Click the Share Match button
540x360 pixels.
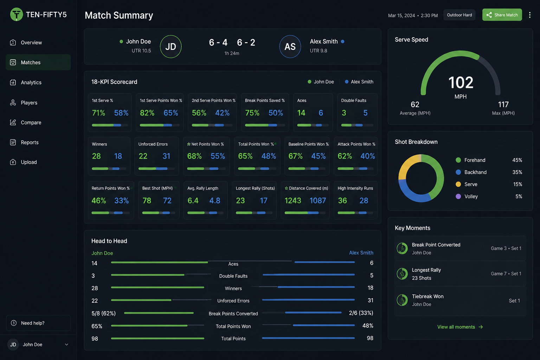(502, 15)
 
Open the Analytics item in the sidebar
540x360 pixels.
(31, 83)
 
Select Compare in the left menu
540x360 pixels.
(31, 122)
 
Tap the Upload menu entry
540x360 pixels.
(29, 162)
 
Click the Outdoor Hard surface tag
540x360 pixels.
(459, 15)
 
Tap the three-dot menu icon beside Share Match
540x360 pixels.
(530, 15)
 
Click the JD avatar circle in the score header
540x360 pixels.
(171, 46)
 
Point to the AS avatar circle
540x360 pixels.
(290, 46)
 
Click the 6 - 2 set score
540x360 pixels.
(246, 43)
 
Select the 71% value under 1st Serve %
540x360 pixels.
(98, 113)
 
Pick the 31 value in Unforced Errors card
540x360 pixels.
(166, 156)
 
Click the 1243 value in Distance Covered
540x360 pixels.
(293, 200)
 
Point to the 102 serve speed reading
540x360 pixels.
(461, 83)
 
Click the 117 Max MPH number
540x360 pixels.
(503, 104)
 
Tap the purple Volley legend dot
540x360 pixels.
(458, 196)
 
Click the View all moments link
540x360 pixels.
(460, 327)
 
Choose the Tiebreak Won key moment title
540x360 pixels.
(427, 296)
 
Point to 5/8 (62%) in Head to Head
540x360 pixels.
(103, 313)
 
